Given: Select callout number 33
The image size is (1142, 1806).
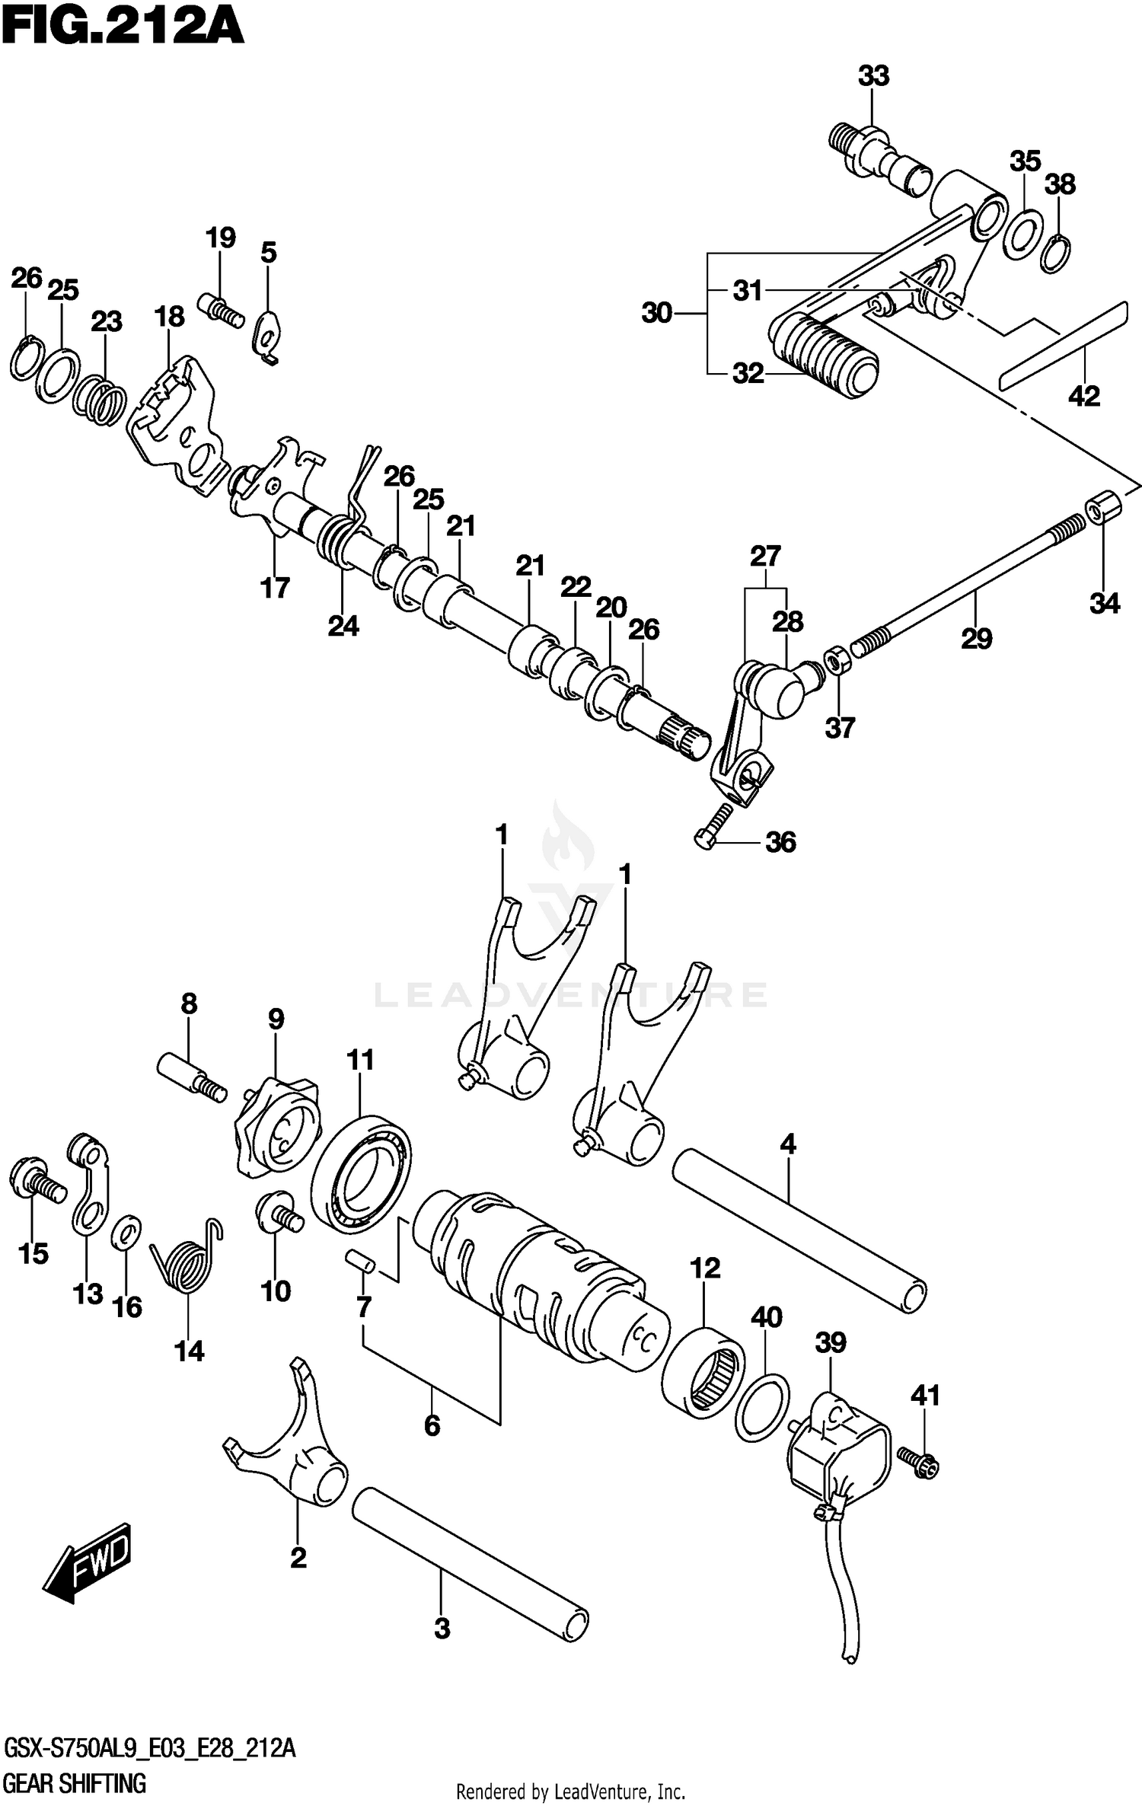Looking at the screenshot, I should tap(873, 76).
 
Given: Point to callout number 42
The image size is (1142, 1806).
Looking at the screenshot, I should tap(1084, 396).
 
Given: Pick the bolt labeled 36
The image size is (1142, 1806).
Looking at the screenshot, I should tap(713, 825).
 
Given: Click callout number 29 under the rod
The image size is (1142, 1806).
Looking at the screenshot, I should tap(976, 638).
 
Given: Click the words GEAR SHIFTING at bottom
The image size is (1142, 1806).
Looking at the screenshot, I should tap(75, 1783).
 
